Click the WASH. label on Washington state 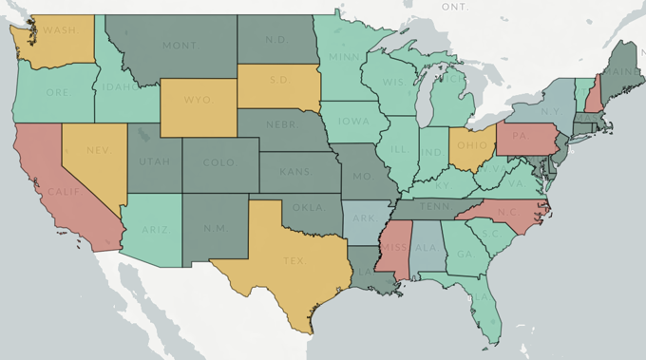[x=60, y=29]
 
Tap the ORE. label [x=56, y=92]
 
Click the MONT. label [x=180, y=45]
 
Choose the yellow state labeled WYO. [x=198, y=99]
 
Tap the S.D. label [x=278, y=80]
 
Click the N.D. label [x=275, y=40]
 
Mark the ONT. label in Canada [x=455, y=6]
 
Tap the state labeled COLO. [x=218, y=162]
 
